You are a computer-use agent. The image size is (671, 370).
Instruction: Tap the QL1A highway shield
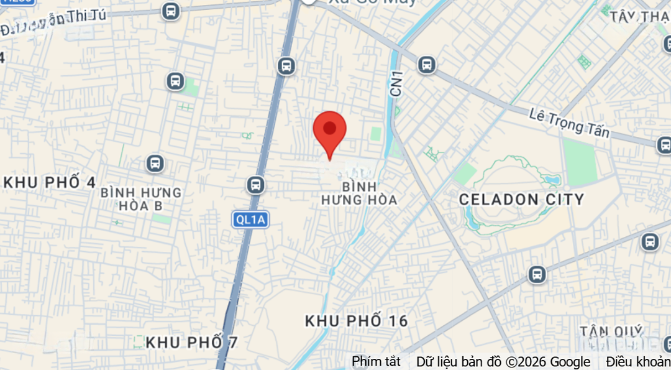click(x=250, y=219)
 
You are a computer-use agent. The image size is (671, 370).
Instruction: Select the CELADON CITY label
click(x=521, y=200)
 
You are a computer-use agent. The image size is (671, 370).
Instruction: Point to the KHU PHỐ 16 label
click(x=356, y=321)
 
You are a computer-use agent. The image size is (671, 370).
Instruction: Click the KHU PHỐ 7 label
click(x=191, y=342)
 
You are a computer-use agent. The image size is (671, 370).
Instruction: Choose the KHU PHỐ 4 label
click(x=50, y=182)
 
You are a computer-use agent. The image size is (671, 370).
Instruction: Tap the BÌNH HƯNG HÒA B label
click(x=141, y=198)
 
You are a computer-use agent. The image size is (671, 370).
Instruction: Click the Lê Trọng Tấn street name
click(x=569, y=123)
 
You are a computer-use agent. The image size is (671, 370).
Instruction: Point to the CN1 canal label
click(x=396, y=83)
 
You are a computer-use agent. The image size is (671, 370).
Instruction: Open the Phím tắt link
click(x=376, y=361)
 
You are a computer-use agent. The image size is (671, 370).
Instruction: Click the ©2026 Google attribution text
click(x=547, y=361)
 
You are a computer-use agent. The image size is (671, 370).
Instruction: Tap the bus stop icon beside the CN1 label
click(x=426, y=64)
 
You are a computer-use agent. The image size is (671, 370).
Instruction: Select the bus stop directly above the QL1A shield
click(x=255, y=184)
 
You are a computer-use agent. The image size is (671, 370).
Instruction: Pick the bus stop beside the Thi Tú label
click(x=170, y=11)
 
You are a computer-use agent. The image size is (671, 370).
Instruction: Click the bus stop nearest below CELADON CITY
click(x=537, y=274)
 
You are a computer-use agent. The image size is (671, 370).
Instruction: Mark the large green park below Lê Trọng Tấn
click(x=580, y=162)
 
